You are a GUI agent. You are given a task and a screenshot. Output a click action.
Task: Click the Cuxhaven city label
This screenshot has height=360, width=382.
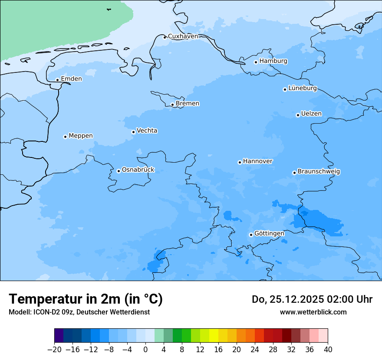183,36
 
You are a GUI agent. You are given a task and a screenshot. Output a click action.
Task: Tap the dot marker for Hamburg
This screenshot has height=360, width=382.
256,62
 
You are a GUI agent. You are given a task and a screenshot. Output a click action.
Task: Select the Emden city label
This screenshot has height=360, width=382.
71,79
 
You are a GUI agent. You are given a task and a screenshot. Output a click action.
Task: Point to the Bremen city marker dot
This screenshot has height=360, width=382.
172,105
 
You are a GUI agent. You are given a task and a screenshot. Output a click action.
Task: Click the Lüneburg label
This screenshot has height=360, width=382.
303,88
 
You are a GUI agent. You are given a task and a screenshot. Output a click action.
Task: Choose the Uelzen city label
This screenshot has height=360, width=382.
311,114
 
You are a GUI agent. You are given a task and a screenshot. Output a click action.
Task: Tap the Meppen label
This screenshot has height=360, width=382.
81,136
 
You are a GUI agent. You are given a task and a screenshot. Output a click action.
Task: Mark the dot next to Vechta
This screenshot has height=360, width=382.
133,132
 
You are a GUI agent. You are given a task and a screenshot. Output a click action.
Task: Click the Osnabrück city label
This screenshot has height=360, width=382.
138,170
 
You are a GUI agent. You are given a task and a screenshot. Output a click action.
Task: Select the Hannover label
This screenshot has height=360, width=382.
257,161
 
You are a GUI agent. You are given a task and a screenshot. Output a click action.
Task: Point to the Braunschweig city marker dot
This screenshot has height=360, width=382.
294,173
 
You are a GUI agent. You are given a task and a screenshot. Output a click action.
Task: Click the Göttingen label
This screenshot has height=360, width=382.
269,233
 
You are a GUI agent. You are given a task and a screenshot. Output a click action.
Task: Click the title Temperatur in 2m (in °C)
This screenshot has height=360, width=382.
86,299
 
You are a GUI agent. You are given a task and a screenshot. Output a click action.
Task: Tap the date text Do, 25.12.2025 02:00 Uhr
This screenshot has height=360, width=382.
312,299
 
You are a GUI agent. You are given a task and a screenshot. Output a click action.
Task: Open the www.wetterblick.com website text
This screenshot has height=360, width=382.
313,312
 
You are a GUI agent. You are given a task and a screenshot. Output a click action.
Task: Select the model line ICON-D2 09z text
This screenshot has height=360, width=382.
79,312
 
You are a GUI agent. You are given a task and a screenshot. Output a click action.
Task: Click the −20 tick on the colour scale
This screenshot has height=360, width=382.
54,350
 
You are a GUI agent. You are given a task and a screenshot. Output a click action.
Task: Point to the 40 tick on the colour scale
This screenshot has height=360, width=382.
328,350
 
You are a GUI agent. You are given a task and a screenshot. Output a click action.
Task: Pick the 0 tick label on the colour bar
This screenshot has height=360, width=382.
145,350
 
